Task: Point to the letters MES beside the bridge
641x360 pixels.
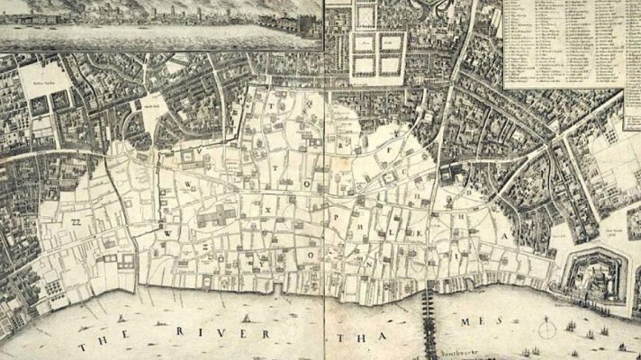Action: coord(483,321)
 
